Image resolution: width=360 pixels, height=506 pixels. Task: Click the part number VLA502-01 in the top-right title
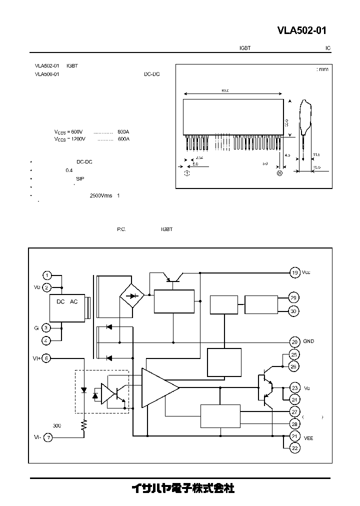[x=301, y=31]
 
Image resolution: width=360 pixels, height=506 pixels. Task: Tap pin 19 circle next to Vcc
[x=294, y=272]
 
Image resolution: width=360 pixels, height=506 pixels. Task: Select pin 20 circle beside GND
[x=294, y=342]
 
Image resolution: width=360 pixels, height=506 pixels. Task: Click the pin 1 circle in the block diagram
[x=46, y=275]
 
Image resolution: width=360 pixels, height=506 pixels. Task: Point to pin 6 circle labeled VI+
[x=46, y=357]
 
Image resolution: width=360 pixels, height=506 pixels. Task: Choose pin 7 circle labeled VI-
[x=48, y=437]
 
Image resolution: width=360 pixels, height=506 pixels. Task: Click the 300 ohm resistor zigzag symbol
[x=84, y=425]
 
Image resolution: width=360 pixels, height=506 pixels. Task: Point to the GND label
[x=308, y=341]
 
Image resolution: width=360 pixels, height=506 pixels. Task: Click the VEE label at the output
[x=308, y=437]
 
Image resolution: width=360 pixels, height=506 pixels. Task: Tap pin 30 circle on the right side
[x=294, y=311]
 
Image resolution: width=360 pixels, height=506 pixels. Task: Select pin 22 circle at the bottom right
[x=294, y=448]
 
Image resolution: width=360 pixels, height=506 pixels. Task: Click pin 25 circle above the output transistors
[x=294, y=354]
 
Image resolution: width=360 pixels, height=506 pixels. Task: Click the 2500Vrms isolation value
[x=100, y=195]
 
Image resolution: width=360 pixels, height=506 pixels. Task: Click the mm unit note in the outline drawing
[x=323, y=69]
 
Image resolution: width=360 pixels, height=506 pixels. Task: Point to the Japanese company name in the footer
[x=182, y=488]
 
